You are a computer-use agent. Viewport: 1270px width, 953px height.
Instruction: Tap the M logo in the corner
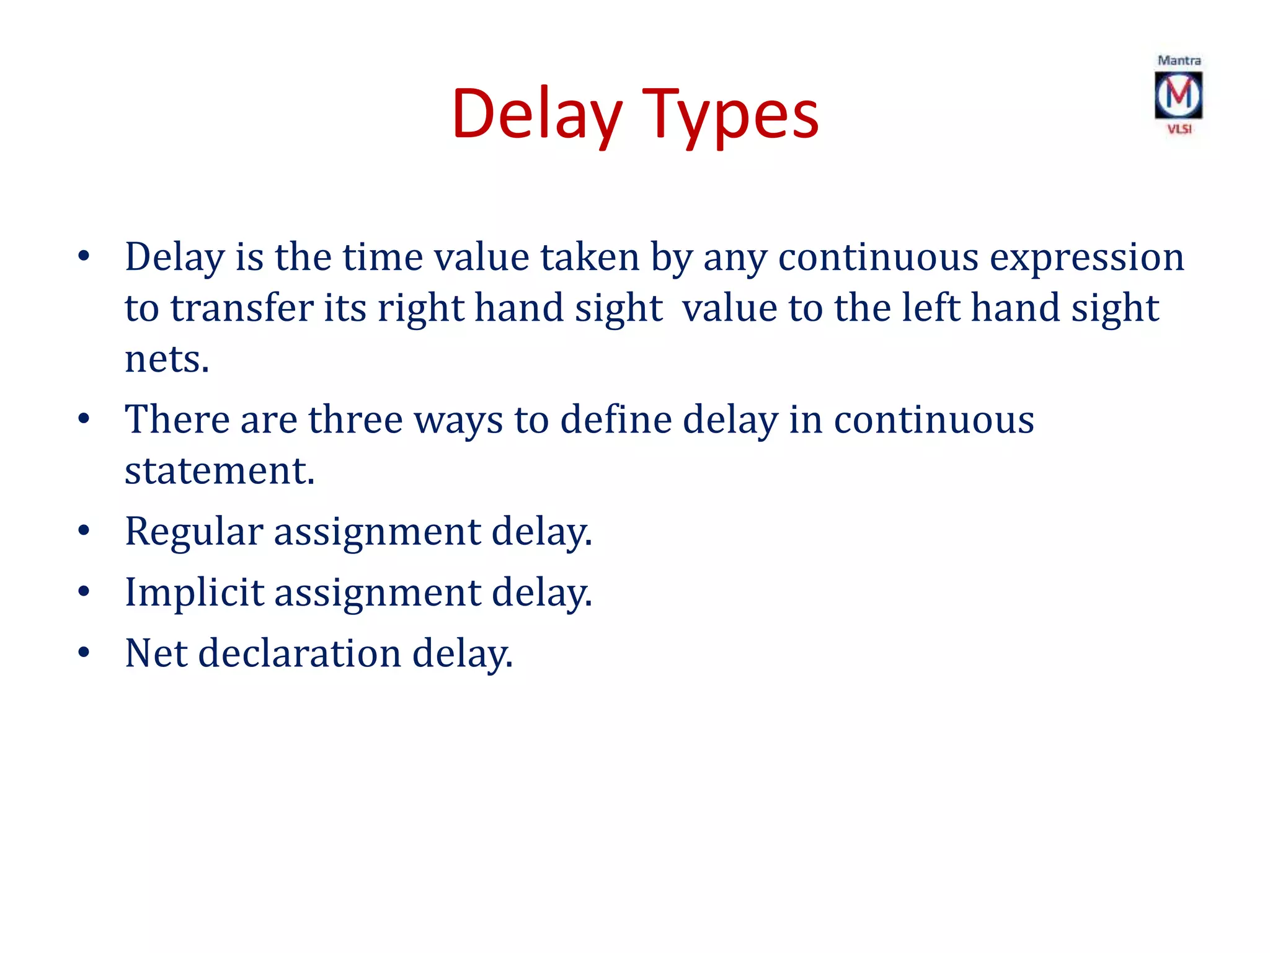click(x=1178, y=95)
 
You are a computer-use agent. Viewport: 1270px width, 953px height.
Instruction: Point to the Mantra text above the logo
click(x=1179, y=60)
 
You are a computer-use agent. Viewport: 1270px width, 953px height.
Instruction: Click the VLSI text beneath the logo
click(x=1179, y=129)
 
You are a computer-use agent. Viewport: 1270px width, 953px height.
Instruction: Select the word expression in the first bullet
click(x=1086, y=257)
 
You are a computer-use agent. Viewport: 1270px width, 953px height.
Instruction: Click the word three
click(x=355, y=419)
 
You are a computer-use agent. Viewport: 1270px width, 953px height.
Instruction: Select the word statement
click(x=219, y=470)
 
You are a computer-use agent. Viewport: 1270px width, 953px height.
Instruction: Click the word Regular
click(x=194, y=532)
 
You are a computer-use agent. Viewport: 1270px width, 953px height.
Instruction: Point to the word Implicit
click(x=194, y=592)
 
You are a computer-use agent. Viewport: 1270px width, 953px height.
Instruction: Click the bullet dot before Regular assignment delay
click(x=84, y=531)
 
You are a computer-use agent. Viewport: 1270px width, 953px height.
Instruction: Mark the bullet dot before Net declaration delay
click(x=84, y=653)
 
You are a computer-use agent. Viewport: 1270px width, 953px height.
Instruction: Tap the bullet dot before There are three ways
click(x=84, y=419)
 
